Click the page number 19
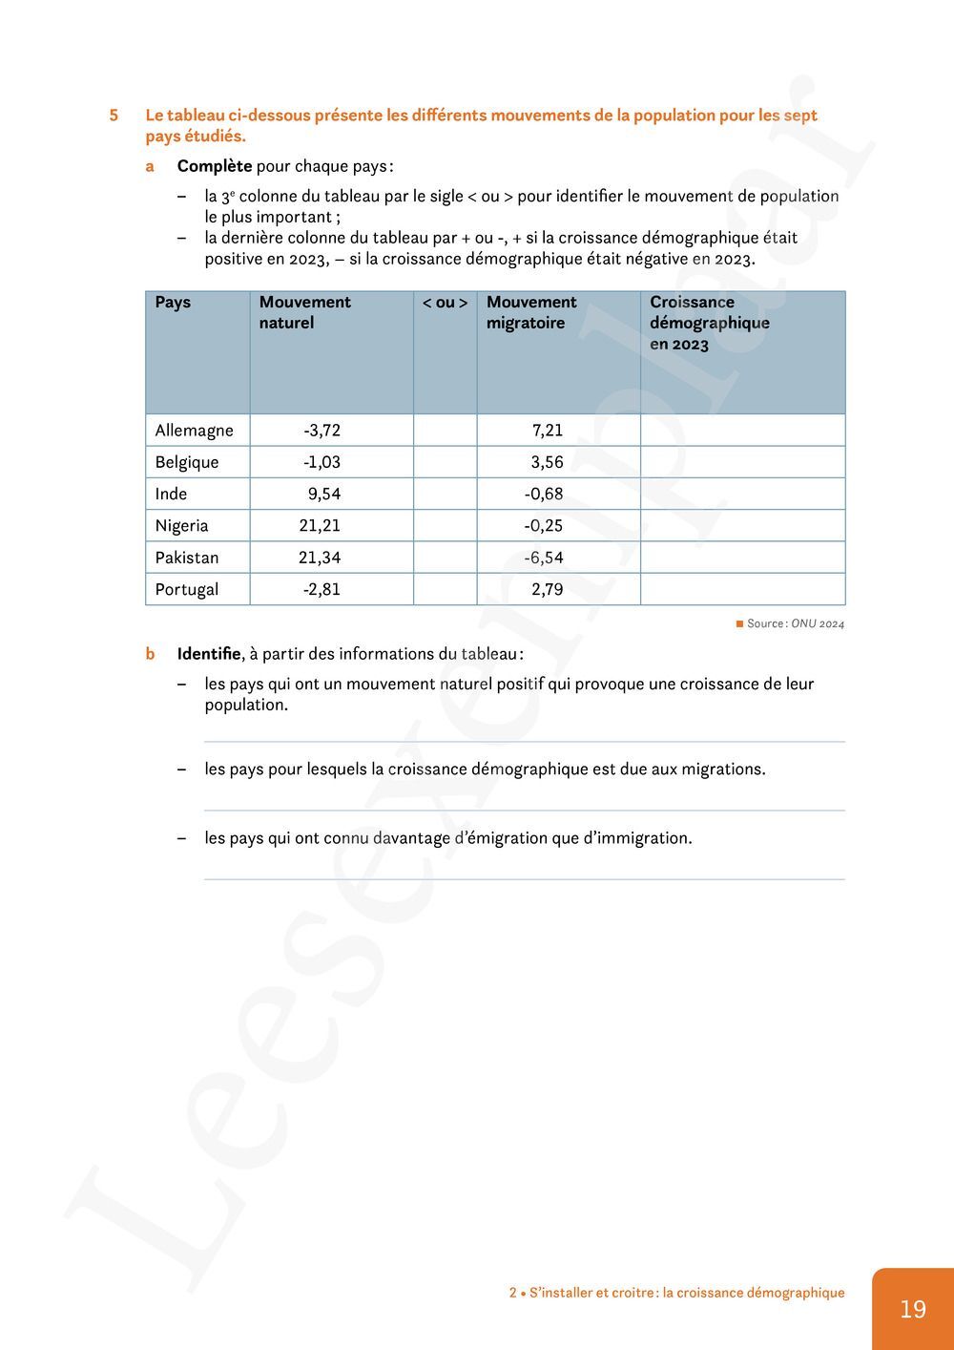(x=912, y=1308)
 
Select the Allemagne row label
(x=194, y=431)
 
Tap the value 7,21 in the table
(x=548, y=431)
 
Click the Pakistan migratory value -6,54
(x=544, y=558)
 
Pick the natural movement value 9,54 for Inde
(x=323, y=495)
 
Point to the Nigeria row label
(x=181, y=526)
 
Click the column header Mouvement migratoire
(x=531, y=313)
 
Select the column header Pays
(x=173, y=303)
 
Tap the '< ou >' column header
(x=445, y=303)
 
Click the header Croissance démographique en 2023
(x=709, y=323)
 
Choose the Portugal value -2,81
(x=321, y=590)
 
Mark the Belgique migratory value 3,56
(x=547, y=462)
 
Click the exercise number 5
(x=114, y=116)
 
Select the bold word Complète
(x=215, y=166)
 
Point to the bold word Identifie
(x=209, y=654)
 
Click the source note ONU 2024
(x=817, y=624)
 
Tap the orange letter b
(x=150, y=654)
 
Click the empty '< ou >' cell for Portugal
(x=445, y=590)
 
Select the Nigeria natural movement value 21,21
(x=319, y=526)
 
